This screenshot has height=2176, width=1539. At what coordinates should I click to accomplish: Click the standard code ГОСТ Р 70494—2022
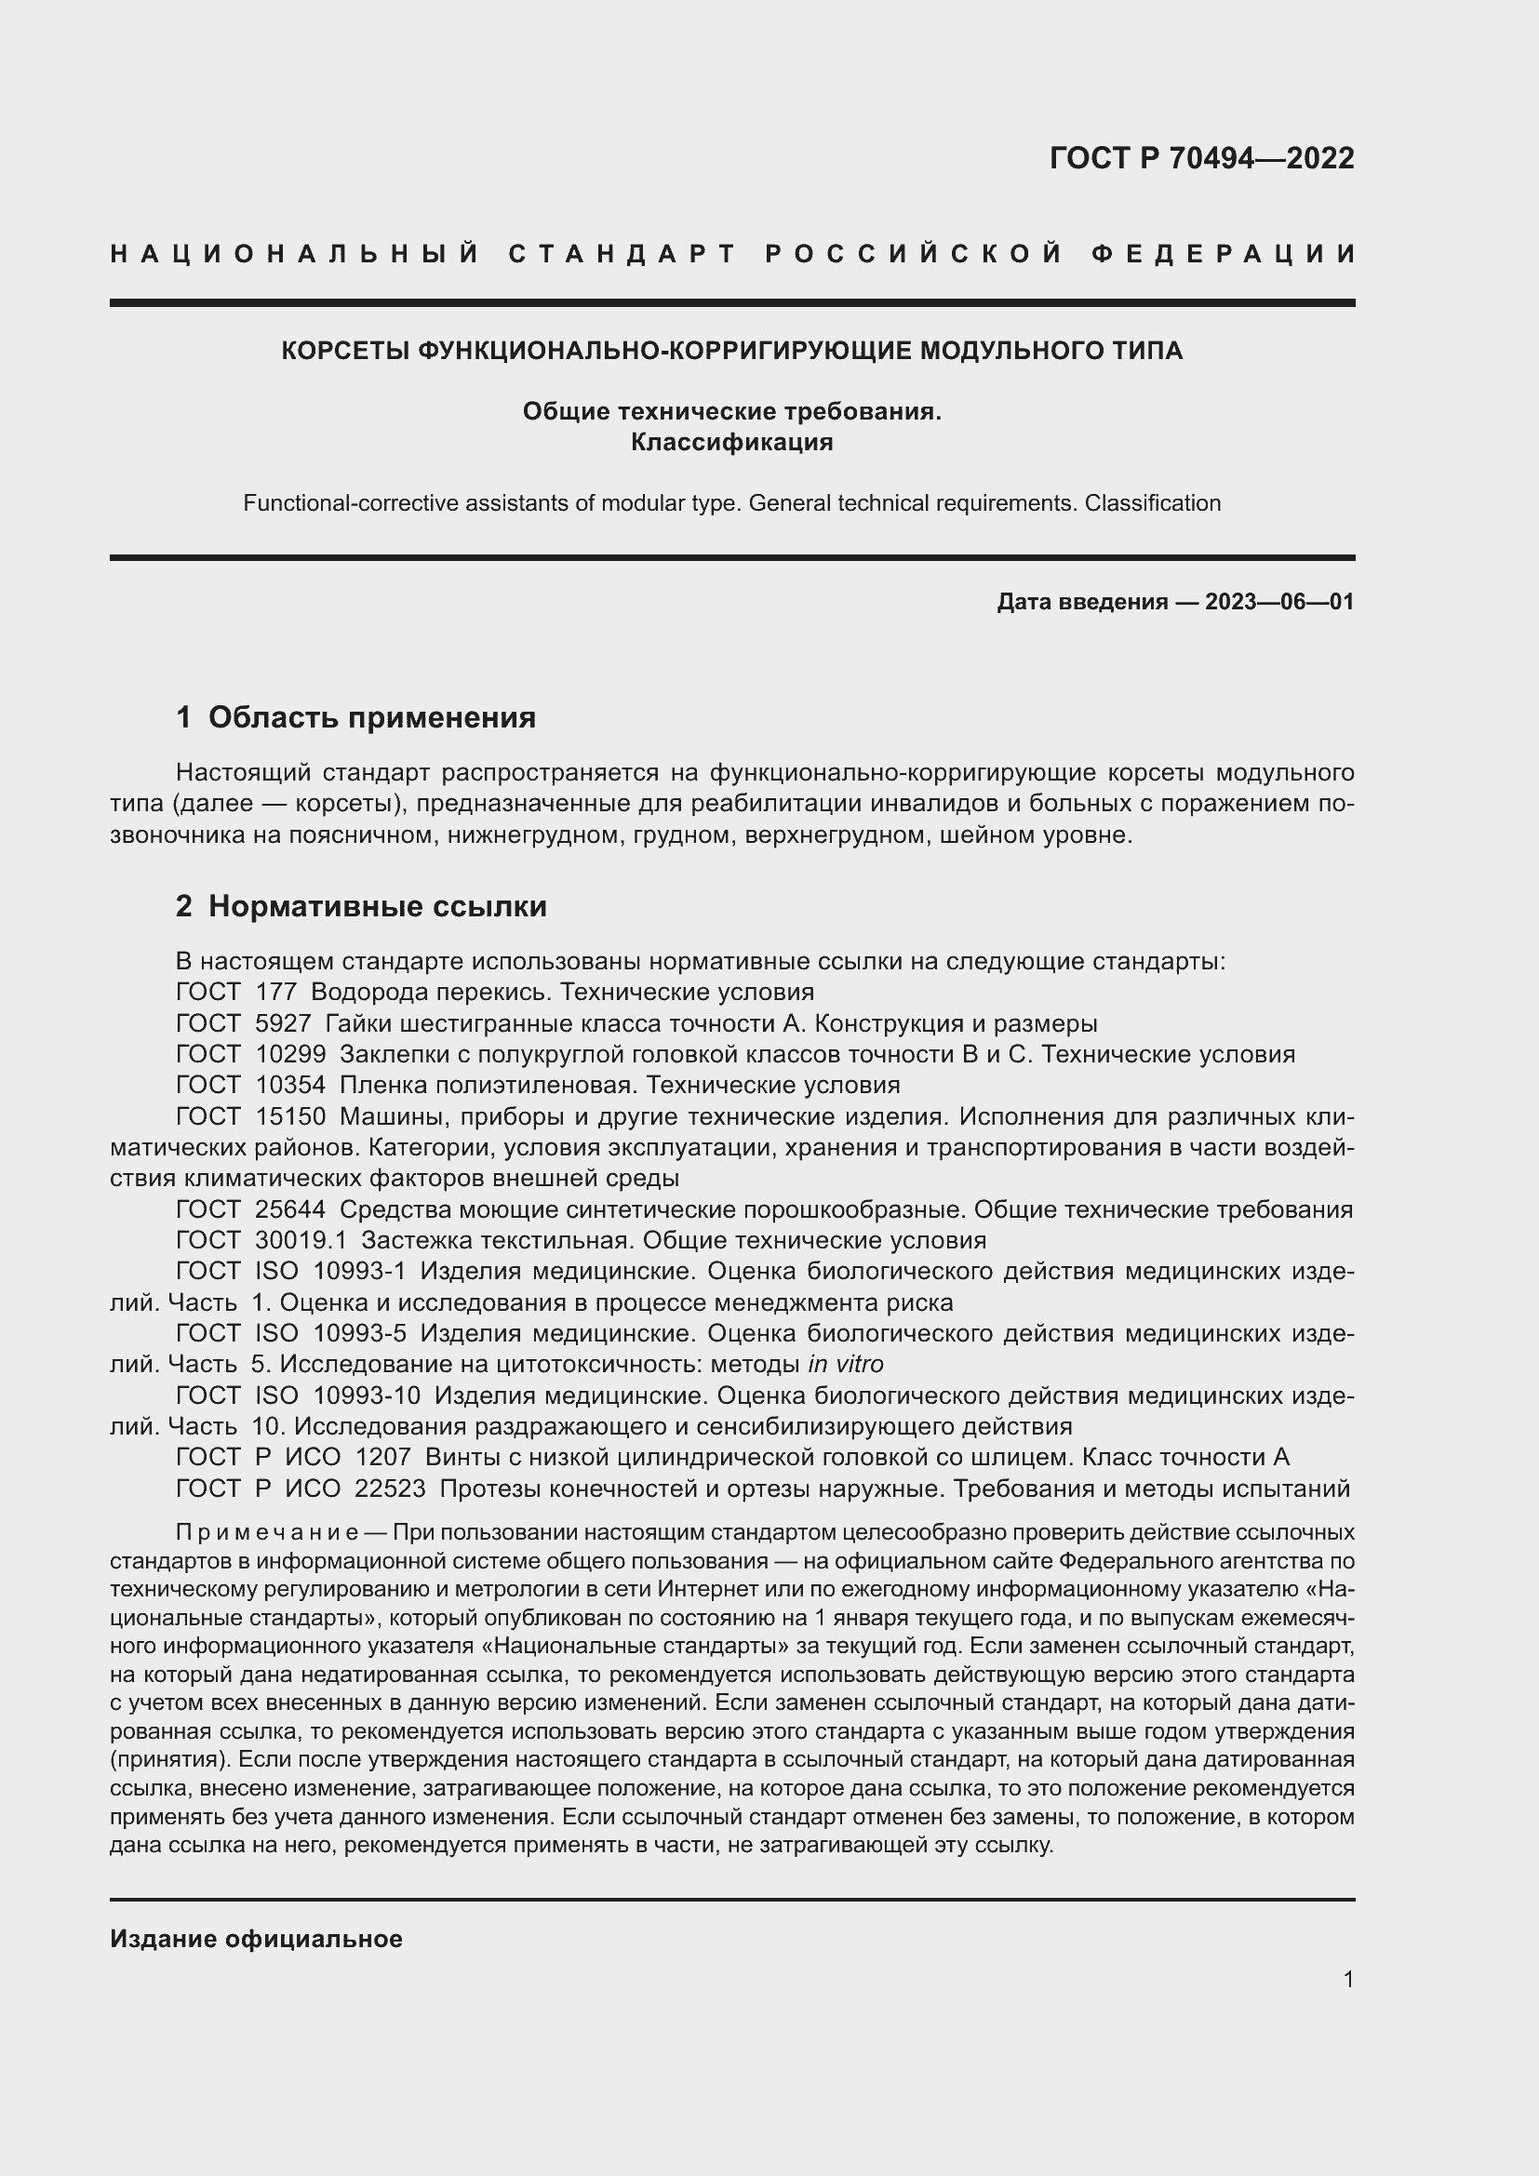tap(1201, 158)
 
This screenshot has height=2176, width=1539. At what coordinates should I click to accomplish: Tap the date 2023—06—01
tap(1278, 602)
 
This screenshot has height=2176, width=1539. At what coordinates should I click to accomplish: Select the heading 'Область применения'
tap(371, 717)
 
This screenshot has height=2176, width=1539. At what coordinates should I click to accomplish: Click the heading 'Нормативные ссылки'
tap(377, 907)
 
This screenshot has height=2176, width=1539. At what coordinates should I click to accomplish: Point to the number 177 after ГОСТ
tap(275, 993)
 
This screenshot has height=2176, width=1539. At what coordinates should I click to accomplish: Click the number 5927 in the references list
tap(283, 1023)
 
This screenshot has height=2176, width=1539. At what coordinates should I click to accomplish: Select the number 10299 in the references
tap(290, 1055)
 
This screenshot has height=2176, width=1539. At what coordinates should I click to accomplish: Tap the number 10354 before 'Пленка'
tap(290, 1085)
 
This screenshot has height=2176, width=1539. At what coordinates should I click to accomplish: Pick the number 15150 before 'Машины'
tap(290, 1116)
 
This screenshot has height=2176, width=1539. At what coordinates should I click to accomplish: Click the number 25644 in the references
tap(290, 1210)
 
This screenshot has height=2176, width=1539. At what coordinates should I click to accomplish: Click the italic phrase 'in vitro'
tap(845, 1365)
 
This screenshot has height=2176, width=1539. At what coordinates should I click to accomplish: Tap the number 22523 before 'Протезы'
tap(390, 1488)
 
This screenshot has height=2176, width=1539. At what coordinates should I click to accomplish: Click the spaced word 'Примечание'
tap(266, 1533)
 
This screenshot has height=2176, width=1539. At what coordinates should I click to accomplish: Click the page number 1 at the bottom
tap(1348, 1980)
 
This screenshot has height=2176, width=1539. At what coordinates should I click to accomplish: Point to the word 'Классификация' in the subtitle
tap(731, 443)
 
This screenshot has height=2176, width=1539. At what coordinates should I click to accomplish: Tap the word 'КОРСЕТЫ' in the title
tap(343, 352)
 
